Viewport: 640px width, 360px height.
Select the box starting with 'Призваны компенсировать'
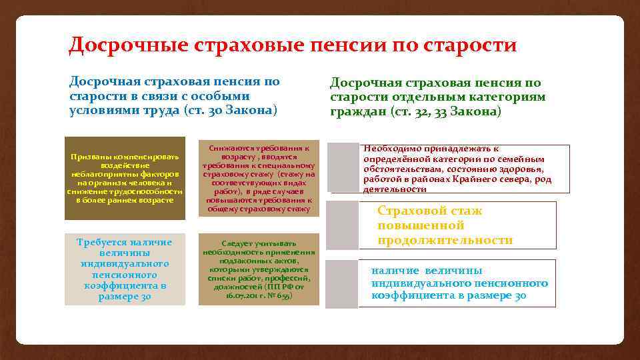(x=125, y=178)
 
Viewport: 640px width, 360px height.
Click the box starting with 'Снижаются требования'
(x=259, y=178)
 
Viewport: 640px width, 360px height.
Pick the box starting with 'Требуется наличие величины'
(x=125, y=269)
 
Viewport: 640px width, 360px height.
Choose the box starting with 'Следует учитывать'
(x=259, y=269)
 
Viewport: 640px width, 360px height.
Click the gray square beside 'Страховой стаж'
(x=343, y=226)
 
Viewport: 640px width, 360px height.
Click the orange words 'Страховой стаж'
(x=429, y=211)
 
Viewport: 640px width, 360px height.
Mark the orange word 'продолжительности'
(x=445, y=240)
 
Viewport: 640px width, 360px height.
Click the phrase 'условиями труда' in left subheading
(x=124, y=110)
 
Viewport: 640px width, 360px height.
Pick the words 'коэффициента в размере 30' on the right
(x=449, y=295)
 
